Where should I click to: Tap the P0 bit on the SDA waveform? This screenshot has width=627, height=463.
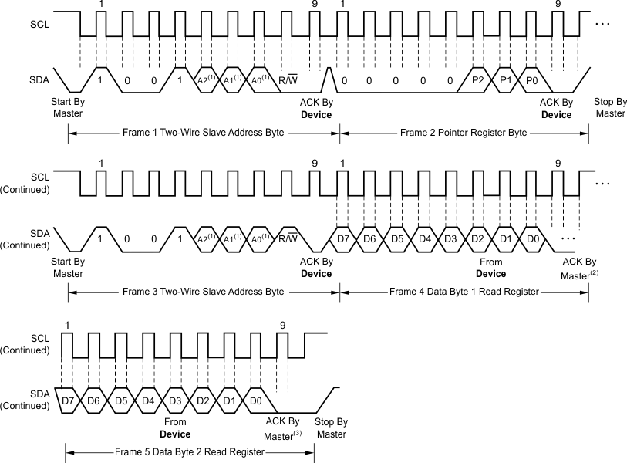point(531,81)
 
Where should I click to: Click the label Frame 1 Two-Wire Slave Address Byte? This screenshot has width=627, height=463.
point(204,133)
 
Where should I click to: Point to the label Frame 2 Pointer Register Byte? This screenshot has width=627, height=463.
point(464,133)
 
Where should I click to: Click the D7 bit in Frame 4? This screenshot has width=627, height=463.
point(343,238)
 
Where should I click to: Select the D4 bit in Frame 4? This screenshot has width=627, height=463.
point(424,238)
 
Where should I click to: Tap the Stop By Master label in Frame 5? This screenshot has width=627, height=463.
point(332,428)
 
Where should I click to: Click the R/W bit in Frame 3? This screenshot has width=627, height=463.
point(290,238)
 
